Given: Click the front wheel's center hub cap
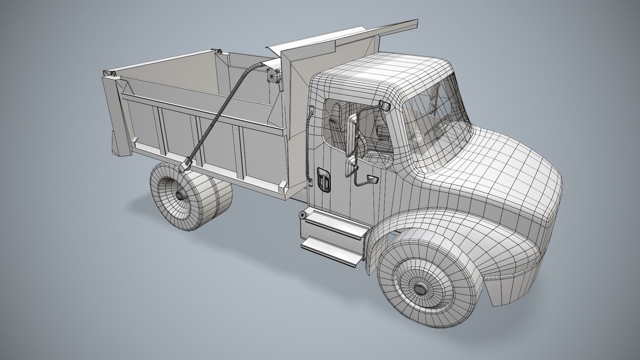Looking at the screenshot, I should pyautogui.click(x=421, y=289).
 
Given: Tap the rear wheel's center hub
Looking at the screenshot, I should pyautogui.click(x=182, y=197).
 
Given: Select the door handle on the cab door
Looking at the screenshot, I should pyautogui.click(x=323, y=179).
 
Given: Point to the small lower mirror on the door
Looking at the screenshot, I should pyautogui.click(x=371, y=180).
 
